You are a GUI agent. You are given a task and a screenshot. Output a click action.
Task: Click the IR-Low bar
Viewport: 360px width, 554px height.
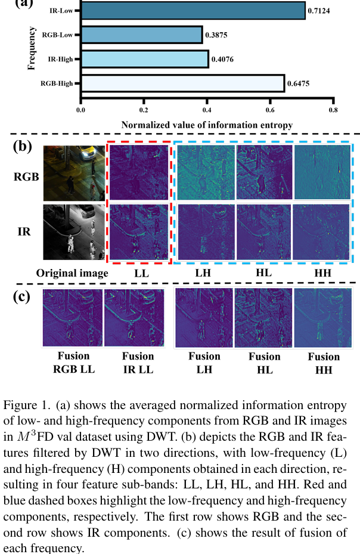193,10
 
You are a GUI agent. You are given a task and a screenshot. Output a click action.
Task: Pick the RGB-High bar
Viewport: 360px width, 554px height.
182,83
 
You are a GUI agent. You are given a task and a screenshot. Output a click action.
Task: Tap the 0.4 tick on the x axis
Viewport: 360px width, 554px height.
207,110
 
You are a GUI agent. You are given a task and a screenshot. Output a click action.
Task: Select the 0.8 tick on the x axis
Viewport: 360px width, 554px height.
333,110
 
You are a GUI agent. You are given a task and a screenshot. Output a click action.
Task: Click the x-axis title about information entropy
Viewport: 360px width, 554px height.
207,125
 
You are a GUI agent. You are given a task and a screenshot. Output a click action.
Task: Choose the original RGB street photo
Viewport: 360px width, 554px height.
71,172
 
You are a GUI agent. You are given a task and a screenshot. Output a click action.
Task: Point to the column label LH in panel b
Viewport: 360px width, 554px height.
203,273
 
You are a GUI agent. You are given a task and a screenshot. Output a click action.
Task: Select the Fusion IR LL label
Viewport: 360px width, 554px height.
138,362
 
